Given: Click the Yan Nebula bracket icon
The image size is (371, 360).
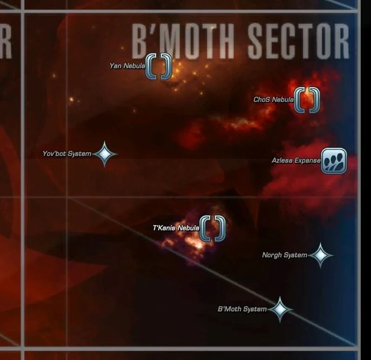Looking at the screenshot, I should tap(159, 66).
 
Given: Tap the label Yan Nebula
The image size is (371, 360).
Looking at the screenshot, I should tap(127, 66).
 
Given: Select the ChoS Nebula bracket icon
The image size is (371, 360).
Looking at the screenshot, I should tap(307, 100).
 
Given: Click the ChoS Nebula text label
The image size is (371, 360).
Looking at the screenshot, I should tap(274, 100).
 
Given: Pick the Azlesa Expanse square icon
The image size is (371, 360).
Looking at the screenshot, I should tap(334, 160).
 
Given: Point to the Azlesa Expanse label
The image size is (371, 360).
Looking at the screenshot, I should tap(296, 160).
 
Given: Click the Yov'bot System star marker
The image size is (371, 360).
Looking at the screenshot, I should tap(105, 154).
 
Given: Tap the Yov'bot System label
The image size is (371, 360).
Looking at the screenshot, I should tap(67, 154).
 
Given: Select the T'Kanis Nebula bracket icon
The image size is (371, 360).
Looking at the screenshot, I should tap(212, 228).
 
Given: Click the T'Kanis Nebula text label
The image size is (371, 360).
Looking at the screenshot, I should tap(176, 228).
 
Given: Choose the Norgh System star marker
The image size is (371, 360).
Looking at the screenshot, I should tap(320, 255).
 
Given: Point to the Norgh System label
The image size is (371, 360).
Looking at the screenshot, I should tap(284, 255).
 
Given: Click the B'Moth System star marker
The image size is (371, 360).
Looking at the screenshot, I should tap(279, 309).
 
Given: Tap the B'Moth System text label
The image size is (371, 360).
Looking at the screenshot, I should tap(242, 309).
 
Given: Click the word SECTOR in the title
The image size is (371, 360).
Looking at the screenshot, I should tap(298, 41).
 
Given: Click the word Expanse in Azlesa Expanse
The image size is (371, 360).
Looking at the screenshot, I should tap(307, 160).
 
